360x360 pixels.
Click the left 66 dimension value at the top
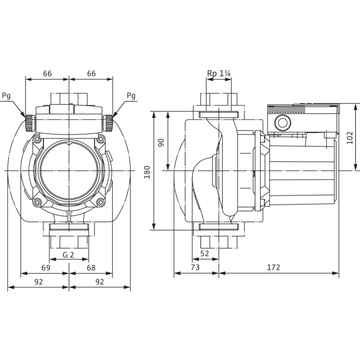coord(48,73)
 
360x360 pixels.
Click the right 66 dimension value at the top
coord(92,73)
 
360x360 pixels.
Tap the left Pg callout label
coord(7,96)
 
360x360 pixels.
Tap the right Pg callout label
coord(132,96)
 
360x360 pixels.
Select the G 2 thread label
coord(69,254)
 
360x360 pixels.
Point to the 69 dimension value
coord(46,267)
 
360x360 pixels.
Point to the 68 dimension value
coord(91,267)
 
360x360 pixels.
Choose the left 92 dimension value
coord(39,282)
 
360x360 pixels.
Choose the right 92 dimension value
coord(100,282)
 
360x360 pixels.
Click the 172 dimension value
coord(274,267)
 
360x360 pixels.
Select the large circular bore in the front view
coord(69,170)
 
